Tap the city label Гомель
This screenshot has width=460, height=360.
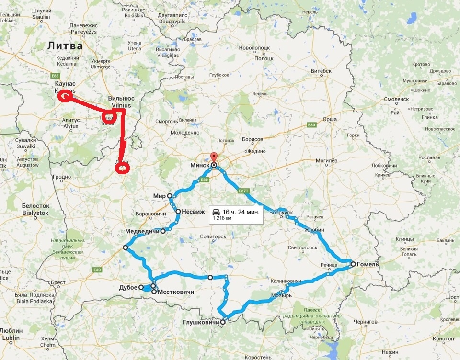tap(368, 264)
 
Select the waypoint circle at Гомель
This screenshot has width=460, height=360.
tap(353, 264)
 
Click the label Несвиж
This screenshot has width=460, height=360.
tap(194, 212)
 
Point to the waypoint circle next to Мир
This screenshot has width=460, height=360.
tap(170, 196)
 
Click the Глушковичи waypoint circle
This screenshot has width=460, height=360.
tap(222, 322)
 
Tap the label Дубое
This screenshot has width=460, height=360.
tap(128, 288)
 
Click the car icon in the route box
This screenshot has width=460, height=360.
tap(217, 212)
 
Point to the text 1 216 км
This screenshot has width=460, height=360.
tap(222, 218)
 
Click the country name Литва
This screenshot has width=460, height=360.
tap(65, 46)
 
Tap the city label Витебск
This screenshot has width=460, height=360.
tap(321, 71)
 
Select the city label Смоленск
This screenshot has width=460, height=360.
tap(395, 99)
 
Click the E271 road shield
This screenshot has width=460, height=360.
tap(244, 191)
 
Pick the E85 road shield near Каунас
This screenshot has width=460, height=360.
tap(57, 76)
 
